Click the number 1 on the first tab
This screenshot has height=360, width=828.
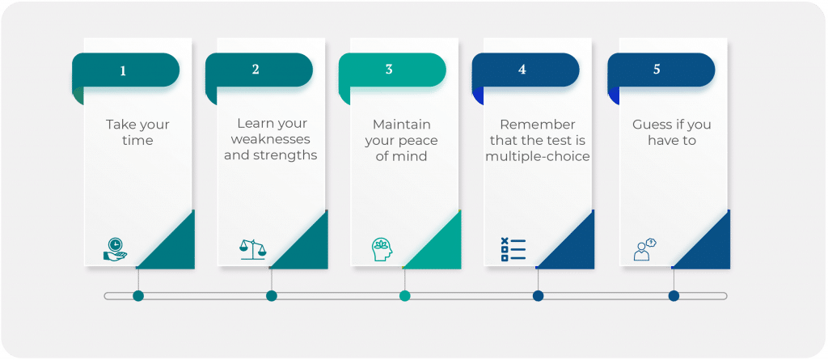[x=123, y=70]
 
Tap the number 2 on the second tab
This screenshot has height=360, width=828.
[x=256, y=70]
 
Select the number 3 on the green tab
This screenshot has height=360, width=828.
[x=389, y=70]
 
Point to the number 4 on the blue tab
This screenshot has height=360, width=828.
[x=522, y=70]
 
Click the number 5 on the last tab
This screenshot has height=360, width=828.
[x=657, y=70]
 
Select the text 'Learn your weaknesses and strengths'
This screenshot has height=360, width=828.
[x=270, y=139]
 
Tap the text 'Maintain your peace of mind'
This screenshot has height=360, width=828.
[x=402, y=140]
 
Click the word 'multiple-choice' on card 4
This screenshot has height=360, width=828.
[x=538, y=155]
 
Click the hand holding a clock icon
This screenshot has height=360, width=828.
[x=115, y=248]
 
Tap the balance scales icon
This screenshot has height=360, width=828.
[x=252, y=248]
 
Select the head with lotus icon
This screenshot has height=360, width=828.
[x=382, y=249]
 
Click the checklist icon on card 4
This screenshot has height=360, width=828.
[x=513, y=249]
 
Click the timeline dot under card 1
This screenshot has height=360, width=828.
[x=138, y=296]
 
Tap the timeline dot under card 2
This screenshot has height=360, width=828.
[x=272, y=296]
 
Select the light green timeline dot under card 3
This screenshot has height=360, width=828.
[x=405, y=296]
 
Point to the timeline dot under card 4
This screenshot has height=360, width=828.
[x=538, y=296]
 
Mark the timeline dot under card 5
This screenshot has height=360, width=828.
[x=674, y=296]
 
